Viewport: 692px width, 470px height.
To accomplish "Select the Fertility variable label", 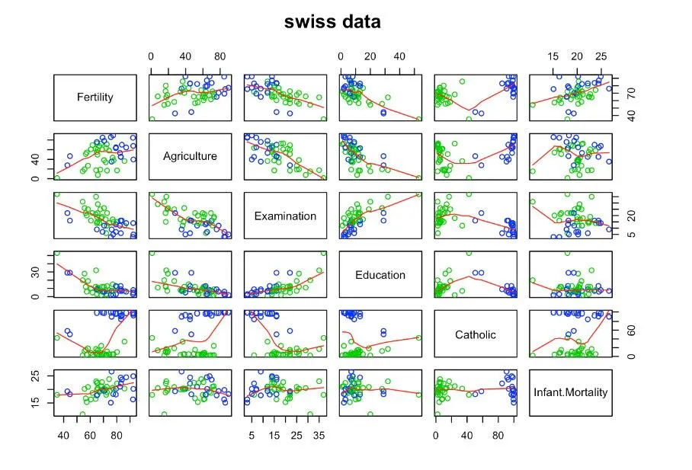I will click(96, 97).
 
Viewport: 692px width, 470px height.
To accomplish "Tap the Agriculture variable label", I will click(190, 156).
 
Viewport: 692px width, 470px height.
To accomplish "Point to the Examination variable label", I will click(285, 216).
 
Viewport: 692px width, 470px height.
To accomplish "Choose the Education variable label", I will click(380, 275).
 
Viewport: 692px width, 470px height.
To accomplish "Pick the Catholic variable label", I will click(476, 334).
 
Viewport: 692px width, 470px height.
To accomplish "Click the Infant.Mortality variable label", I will click(571, 393).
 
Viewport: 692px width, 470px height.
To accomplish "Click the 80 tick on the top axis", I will click(219, 56).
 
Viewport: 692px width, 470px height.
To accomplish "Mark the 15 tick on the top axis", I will click(553, 56).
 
